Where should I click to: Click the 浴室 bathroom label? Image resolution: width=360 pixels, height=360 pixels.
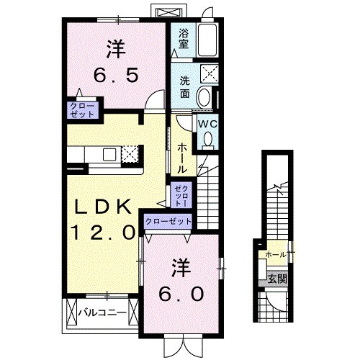(184, 37)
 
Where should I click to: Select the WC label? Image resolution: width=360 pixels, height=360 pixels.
(207, 124)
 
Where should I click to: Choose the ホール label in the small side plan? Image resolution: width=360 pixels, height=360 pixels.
(274, 254)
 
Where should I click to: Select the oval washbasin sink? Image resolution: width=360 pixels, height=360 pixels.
(204, 98)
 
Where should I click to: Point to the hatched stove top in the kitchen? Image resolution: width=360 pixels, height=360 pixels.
(130, 153)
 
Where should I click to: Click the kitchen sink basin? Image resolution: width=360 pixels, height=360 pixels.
(109, 153)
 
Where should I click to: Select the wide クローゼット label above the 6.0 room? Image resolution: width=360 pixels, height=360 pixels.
(168, 222)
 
